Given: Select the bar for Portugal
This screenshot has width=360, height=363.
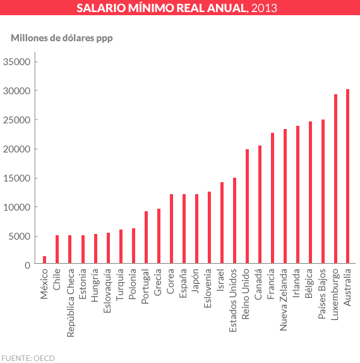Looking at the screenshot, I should (146, 237).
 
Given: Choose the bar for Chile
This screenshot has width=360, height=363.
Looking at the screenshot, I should (57, 249).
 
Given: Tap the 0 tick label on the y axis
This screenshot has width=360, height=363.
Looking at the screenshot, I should (27, 266).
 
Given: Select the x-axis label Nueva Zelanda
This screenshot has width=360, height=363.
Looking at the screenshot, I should (285, 300).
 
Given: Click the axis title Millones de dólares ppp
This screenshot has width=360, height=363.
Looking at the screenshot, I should (61, 38).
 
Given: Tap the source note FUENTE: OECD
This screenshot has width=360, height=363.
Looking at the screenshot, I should (28, 358).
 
